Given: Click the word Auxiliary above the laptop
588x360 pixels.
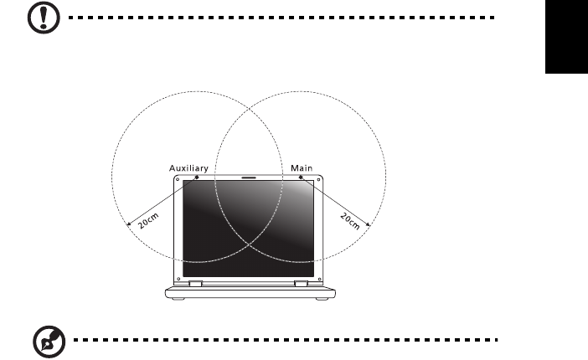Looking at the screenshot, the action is pos(187,168).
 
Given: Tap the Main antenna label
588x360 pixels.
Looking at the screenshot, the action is pos(302,168).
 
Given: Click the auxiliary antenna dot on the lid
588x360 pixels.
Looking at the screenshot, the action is pos(196,177).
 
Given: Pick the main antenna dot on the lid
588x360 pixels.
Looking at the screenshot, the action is pos(300,177).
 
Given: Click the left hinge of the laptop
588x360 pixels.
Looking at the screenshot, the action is pos(195,284).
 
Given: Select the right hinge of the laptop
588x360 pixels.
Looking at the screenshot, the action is pos(300,284).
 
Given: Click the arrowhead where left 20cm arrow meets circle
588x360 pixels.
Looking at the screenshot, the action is pos(126,225).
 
